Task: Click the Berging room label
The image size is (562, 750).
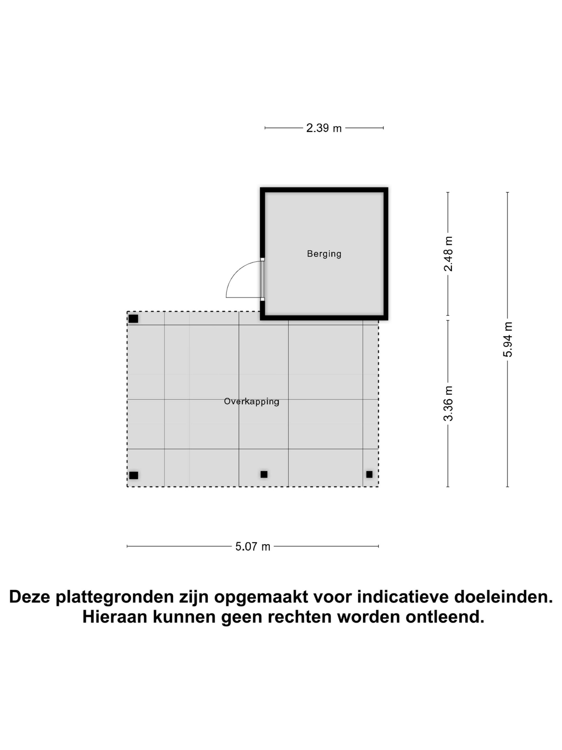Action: (324, 254)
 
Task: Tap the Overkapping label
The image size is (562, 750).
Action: (251, 402)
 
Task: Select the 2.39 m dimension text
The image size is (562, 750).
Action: (324, 128)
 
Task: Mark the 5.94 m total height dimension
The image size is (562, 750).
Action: (507, 339)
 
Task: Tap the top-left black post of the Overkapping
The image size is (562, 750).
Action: (133, 319)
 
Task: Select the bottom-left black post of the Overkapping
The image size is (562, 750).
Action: (134, 475)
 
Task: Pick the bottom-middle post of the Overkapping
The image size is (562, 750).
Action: (264, 474)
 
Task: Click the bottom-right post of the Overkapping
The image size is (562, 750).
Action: (369, 474)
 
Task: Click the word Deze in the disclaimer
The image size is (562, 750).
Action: (30, 597)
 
